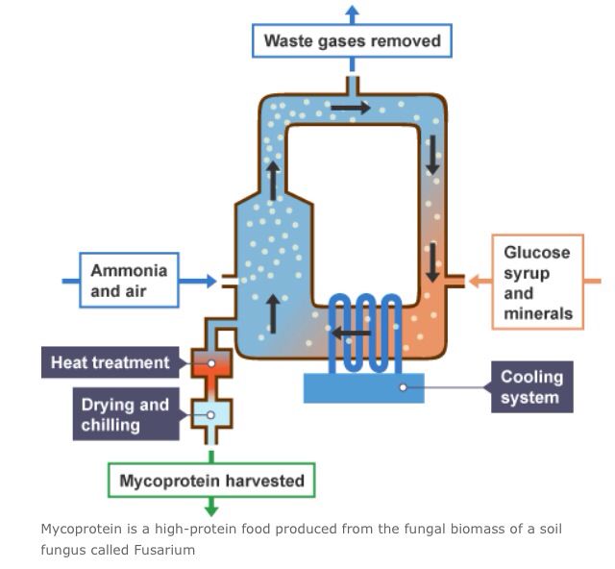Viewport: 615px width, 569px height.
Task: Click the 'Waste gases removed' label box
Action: click(352, 41)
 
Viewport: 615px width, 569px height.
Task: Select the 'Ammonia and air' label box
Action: click(129, 280)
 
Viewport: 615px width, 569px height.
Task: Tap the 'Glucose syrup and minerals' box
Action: click(537, 282)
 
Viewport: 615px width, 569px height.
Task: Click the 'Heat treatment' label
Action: click(110, 363)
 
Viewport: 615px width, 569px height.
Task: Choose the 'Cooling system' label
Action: click(531, 387)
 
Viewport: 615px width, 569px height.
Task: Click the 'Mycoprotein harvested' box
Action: click(211, 480)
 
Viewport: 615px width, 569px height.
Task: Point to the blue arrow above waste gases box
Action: click(352, 13)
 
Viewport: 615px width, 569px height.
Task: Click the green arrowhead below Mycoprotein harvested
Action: click(211, 509)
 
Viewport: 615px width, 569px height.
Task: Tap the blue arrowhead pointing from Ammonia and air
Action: click(210, 281)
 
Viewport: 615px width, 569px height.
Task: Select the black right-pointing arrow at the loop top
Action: click(351, 108)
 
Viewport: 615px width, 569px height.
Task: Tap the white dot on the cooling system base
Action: click(404, 387)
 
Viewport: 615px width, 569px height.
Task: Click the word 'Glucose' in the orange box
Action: click(536, 252)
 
